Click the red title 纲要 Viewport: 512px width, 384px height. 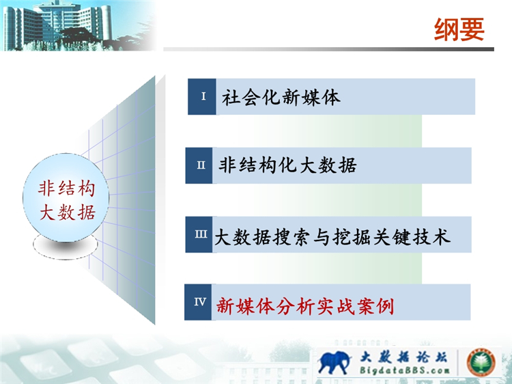[x=459, y=30]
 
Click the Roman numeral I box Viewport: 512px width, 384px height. [x=202, y=96]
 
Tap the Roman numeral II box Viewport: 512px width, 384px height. [x=199, y=165]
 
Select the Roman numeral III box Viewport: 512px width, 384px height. [x=199, y=234]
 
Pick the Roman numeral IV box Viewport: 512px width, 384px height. [x=198, y=302]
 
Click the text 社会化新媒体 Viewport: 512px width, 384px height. [x=281, y=97]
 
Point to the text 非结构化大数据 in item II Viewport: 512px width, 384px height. [x=287, y=165]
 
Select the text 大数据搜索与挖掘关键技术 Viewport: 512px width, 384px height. [x=332, y=236]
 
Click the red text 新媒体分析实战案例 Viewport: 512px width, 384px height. [x=305, y=306]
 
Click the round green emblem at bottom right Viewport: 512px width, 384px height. [x=481, y=362]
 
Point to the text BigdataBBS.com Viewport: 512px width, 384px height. [x=405, y=370]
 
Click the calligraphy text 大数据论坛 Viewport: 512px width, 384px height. [x=404, y=357]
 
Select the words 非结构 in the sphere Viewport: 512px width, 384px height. [x=67, y=189]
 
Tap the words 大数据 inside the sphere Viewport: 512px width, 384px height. [x=68, y=213]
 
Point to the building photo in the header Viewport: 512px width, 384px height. [x=79, y=25]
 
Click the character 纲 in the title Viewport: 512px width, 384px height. [x=446, y=30]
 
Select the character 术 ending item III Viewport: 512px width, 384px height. [x=441, y=236]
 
